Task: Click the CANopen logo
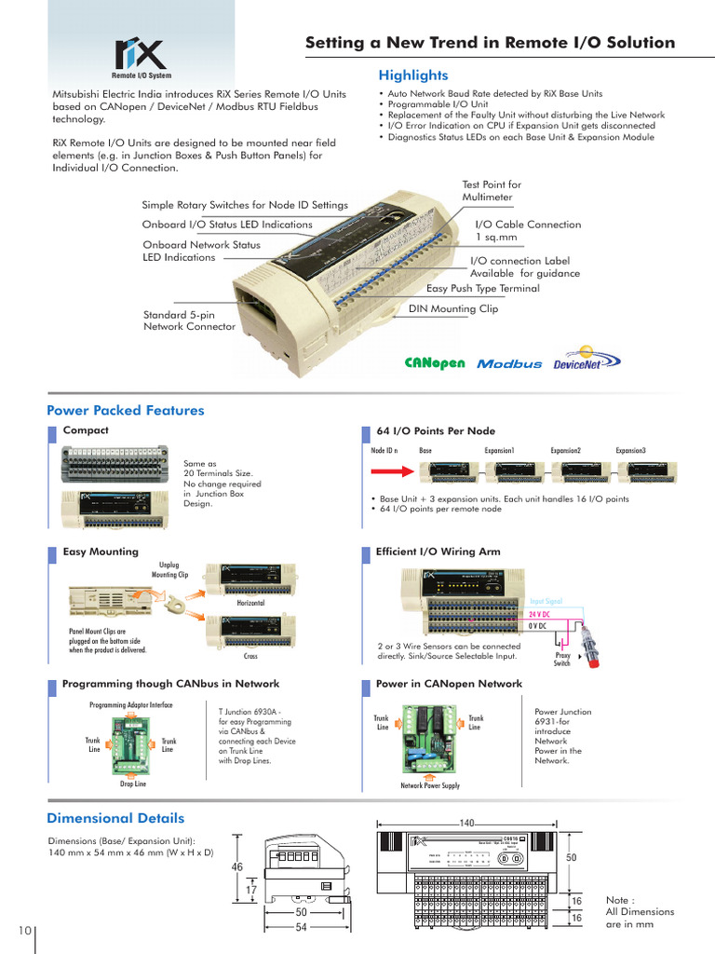tap(434, 363)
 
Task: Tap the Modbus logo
tap(508, 364)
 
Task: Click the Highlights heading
tap(412, 75)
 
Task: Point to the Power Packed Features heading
tap(125, 411)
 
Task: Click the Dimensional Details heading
tap(115, 819)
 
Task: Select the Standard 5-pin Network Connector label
tap(189, 321)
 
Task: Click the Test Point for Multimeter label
tap(492, 191)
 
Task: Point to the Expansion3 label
tap(630, 450)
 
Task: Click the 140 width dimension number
tap(466, 824)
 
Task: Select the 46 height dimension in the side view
tap(237, 866)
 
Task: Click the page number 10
tap(24, 931)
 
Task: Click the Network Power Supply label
tap(430, 786)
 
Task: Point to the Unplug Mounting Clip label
tap(170, 570)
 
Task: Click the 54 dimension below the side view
tap(301, 928)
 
